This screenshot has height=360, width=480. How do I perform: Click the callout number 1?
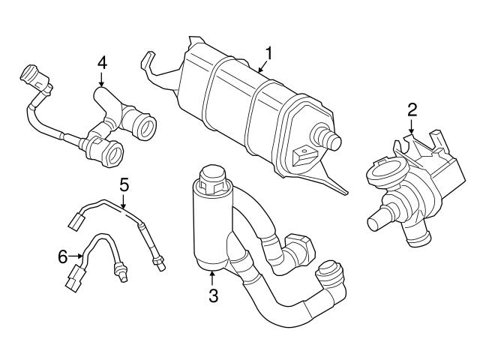(x=268, y=54)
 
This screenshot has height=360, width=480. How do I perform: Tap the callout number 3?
(x=213, y=295)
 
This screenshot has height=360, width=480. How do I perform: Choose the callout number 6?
(x=63, y=256)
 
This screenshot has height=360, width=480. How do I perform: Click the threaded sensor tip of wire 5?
(x=158, y=261)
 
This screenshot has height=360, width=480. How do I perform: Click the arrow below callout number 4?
(x=102, y=81)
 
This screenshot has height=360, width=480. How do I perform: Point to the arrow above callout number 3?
(x=213, y=277)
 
